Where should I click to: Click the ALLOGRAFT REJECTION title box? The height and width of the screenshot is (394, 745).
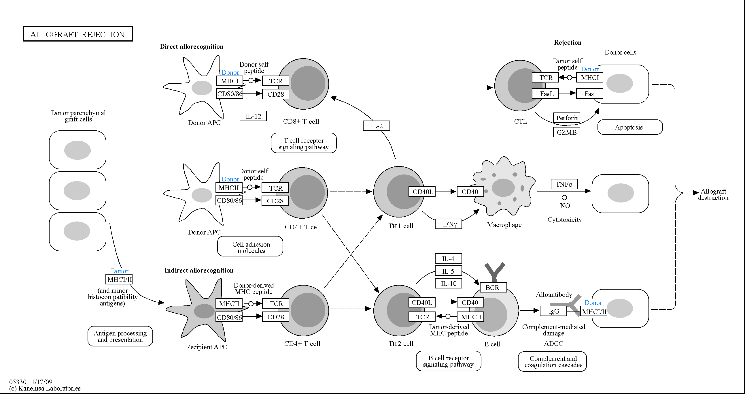pos(78,34)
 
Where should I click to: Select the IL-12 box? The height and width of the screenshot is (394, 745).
pos(253,116)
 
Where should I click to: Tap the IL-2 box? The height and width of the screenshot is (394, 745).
pos(376,126)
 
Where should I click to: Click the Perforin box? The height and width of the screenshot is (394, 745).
pos(567,118)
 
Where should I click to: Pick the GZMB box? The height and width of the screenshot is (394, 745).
pos(567,132)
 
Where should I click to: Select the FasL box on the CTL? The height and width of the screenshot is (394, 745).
pos(545,93)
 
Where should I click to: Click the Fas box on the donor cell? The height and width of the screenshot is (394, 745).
pos(590,93)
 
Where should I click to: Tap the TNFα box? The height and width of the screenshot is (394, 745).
pos(564,184)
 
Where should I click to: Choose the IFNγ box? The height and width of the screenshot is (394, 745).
pos(449,224)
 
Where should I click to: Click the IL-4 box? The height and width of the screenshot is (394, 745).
pos(449,258)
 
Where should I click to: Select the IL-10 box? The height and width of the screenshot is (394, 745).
pos(449,283)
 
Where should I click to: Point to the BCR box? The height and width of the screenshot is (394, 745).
pos(493,287)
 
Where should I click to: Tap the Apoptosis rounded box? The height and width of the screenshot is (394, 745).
pos(630,127)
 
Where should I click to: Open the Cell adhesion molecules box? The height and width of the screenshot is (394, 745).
pos(250,246)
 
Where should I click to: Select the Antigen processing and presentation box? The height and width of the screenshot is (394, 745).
pos(120,336)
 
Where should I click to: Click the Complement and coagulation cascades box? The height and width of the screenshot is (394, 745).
pos(552,362)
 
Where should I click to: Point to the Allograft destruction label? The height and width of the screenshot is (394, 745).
pos(713,194)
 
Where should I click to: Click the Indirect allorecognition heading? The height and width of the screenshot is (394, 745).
pos(199,270)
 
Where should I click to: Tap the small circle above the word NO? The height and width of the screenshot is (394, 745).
pos(564,198)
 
